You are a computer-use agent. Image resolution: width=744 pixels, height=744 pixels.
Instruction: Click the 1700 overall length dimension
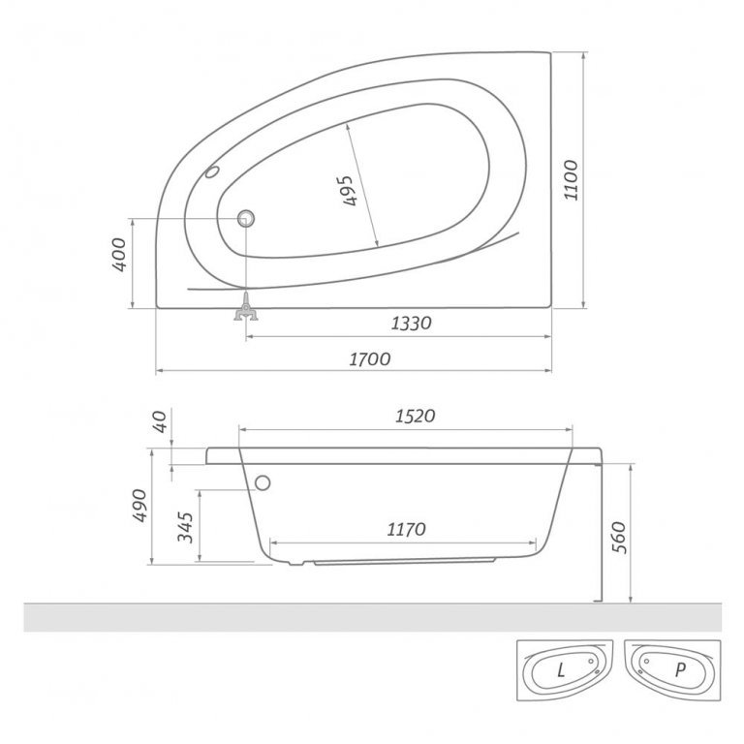(369, 359)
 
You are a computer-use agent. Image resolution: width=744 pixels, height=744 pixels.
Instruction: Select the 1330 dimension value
(410, 324)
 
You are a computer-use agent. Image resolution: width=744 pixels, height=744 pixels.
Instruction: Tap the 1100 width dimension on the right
(571, 179)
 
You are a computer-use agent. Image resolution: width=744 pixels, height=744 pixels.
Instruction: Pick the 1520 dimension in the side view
(414, 416)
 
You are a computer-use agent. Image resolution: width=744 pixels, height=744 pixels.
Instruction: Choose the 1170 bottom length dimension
(406, 529)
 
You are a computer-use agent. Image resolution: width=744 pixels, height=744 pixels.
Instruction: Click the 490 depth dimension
(140, 506)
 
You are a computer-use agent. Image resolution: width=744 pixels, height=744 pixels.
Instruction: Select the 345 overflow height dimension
(187, 526)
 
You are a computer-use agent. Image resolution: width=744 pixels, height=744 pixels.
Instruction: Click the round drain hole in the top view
(246, 218)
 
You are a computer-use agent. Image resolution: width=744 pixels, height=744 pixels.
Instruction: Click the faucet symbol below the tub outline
(246, 311)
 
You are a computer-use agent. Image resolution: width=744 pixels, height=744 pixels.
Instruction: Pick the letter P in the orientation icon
(679, 669)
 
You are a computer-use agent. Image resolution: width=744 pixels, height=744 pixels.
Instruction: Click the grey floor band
(372, 617)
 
